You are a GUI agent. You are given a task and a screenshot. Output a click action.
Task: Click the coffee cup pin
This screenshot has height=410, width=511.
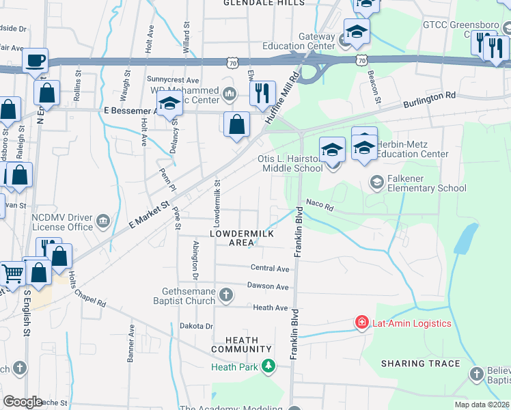tap(35, 60)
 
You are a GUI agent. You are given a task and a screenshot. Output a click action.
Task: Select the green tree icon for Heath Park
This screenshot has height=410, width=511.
tap(269, 367)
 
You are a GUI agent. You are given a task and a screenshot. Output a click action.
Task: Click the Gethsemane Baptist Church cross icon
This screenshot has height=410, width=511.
tap(226, 295)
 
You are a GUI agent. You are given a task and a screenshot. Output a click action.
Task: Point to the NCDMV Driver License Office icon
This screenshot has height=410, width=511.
tap(103, 221)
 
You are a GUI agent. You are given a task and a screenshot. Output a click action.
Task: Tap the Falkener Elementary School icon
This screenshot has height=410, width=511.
tap(376, 182)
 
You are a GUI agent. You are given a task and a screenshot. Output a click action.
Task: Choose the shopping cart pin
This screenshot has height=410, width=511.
tap(13, 274)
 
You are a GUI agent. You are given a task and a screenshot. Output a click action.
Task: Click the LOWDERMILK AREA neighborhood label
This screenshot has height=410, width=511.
tap(241, 238)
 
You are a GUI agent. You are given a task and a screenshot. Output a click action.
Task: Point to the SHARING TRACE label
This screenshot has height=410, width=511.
tap(420, 364)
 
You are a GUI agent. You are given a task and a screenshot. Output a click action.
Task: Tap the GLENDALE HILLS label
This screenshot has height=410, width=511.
tap(264, 3)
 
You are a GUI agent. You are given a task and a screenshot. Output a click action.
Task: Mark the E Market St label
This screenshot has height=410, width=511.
tap(148, 215)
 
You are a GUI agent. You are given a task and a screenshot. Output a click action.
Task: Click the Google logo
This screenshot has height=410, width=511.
tap(23, 402)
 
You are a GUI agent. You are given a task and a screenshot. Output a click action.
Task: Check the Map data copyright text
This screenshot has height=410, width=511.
tap(482, 405)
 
